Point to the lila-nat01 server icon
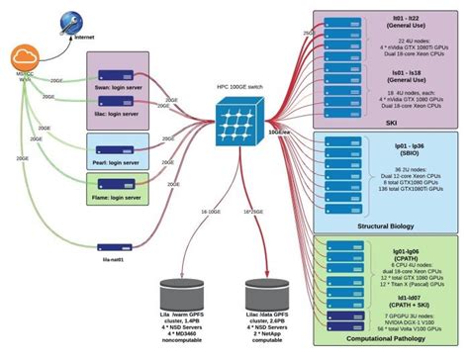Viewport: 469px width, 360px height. (x=114, y=248)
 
